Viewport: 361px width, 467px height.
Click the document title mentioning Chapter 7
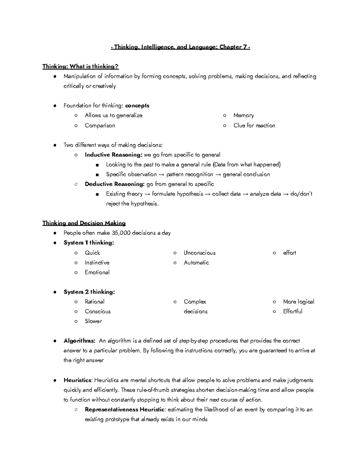(180, 47)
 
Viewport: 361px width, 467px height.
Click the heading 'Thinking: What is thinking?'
(80, 66)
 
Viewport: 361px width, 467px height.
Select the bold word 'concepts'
(137, 106)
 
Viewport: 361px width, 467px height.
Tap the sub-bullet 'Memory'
(243, 115)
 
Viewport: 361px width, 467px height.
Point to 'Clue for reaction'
(254, 125)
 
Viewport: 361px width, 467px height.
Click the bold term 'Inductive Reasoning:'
(113, 155)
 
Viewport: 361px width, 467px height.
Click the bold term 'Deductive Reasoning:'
(115, 184)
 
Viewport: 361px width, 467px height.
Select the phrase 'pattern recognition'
(190, 174)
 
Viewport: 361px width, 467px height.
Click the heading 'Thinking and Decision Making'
(84, 223)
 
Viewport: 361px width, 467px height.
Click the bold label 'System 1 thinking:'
(89, 243)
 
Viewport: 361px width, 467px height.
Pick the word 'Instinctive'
(97, 263)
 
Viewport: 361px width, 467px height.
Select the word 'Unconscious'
(199, 253)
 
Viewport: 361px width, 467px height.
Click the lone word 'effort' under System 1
(289, 253)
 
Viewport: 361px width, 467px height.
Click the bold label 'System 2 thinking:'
(89, 292)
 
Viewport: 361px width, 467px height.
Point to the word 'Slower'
(93, 321)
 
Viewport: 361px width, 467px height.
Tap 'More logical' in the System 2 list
(298, 302)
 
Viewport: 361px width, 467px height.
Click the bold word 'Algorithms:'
(79, 341)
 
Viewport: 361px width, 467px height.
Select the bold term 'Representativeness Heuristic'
(125, 410)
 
